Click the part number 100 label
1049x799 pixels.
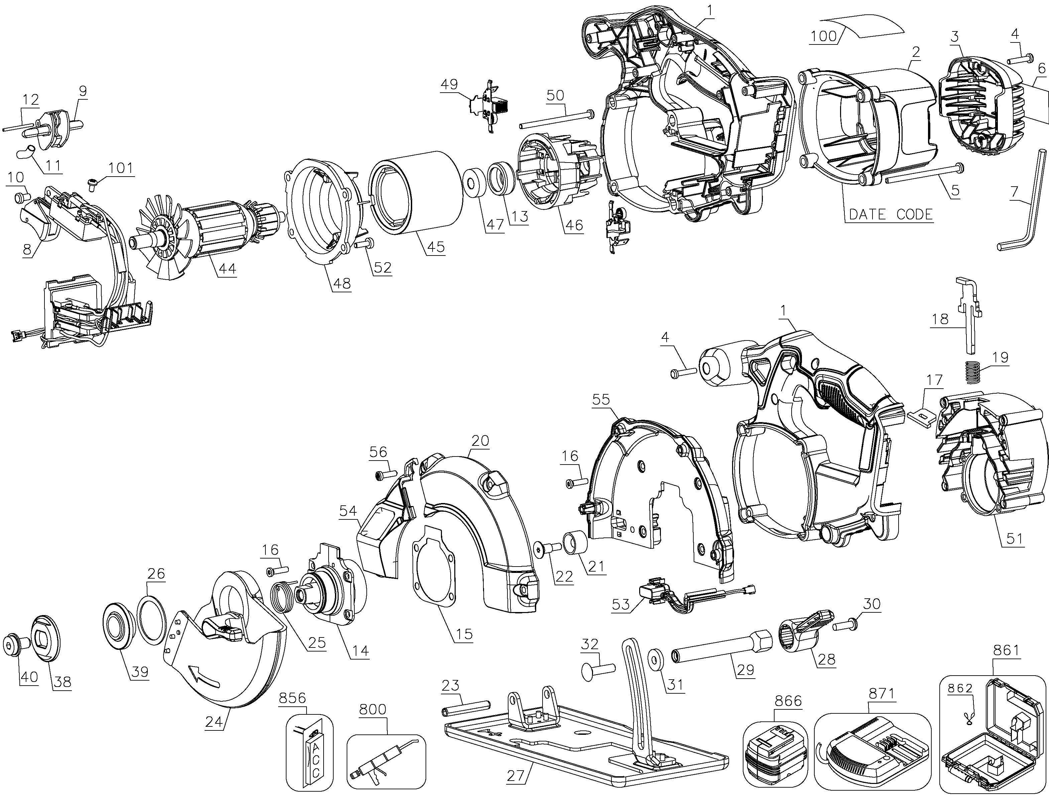(824, 36)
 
